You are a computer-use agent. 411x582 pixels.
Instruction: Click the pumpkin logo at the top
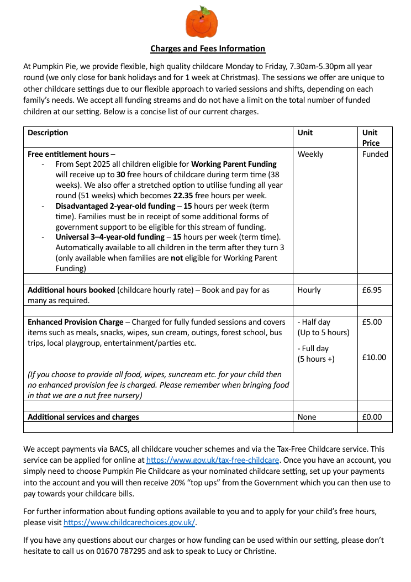click(201, 22)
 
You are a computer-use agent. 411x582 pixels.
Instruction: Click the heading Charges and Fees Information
click(208, 49)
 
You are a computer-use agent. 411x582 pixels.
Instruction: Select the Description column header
click(48, 133)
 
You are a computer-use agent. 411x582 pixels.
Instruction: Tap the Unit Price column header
click(371, 137)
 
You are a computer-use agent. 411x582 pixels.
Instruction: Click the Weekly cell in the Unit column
click(310, 154)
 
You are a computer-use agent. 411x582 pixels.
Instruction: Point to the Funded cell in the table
click(375, 154)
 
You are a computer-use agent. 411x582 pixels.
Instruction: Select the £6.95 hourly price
click(372, 290)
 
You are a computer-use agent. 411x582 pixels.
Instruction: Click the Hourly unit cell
click(309, 290)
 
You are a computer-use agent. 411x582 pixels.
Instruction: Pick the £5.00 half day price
click(372, 322)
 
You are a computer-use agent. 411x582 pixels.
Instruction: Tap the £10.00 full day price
click(374, 357)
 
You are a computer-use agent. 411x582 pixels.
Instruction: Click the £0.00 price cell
click(372, 417)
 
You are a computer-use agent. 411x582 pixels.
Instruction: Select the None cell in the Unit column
click(307, 417)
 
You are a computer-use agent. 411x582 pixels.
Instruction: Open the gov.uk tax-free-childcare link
click(213, 460)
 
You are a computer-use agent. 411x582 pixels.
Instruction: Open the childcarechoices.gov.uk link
click(130, 522)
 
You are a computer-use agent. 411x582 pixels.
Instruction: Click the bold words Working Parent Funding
click(234, 164)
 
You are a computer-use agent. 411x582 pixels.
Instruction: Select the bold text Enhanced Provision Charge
click(76, 322)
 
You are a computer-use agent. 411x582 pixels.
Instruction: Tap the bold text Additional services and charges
click(83, 417)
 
